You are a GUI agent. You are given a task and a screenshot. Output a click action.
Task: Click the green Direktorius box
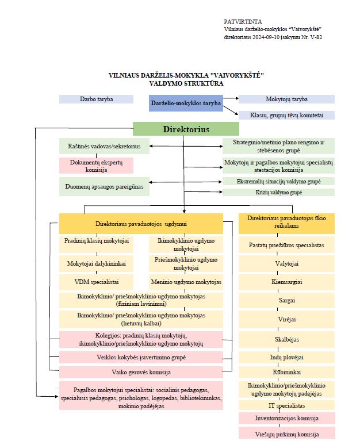click(x=186, y=129)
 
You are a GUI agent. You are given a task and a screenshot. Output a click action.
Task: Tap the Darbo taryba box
click(x=96, y=99)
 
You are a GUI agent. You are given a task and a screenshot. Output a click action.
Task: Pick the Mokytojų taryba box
click(x=286, y=99)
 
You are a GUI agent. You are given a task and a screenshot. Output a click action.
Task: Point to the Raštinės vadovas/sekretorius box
click(x=104, y=146)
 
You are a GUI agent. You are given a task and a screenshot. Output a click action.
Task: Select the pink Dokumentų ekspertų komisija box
click(x=97, y=166)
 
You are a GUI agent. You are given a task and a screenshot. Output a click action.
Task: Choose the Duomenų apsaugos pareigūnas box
click(x=104, y=186)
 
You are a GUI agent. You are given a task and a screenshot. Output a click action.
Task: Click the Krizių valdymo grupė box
click(x=278, y=192)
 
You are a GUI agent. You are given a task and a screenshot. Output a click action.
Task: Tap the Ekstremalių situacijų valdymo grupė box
click(x=278, y=181)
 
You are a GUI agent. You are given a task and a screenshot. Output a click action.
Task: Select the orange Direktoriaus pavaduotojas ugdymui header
click(x=141, y=223)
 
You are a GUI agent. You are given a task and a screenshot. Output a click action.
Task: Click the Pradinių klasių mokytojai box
click(x=96, y=241)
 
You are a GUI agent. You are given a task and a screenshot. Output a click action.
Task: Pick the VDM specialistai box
click(x=96, y=282)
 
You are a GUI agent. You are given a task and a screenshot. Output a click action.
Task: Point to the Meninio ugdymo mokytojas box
click(x=186, y=282)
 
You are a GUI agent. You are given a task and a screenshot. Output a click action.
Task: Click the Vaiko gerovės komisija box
click(x=141, y=372)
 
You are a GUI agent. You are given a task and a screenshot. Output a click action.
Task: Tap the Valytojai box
click(x=286, y=263)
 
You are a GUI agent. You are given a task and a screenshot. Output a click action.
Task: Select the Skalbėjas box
click(x=286, y=338)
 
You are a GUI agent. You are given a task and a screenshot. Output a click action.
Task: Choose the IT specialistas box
click(x=286, y=405)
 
